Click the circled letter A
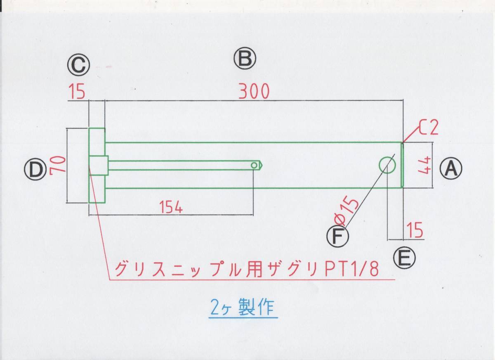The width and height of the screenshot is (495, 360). (451, 169)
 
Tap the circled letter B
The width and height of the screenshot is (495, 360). (245, 59)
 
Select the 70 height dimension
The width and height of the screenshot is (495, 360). (56, 166)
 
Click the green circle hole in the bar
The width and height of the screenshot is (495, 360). (387, 165)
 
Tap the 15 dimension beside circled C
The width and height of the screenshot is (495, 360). (77, 92)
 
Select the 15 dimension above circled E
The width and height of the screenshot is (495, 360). (416, 230)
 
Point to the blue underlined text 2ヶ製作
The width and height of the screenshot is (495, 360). (242, 308)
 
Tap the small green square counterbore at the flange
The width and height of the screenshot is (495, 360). (99, 165)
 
